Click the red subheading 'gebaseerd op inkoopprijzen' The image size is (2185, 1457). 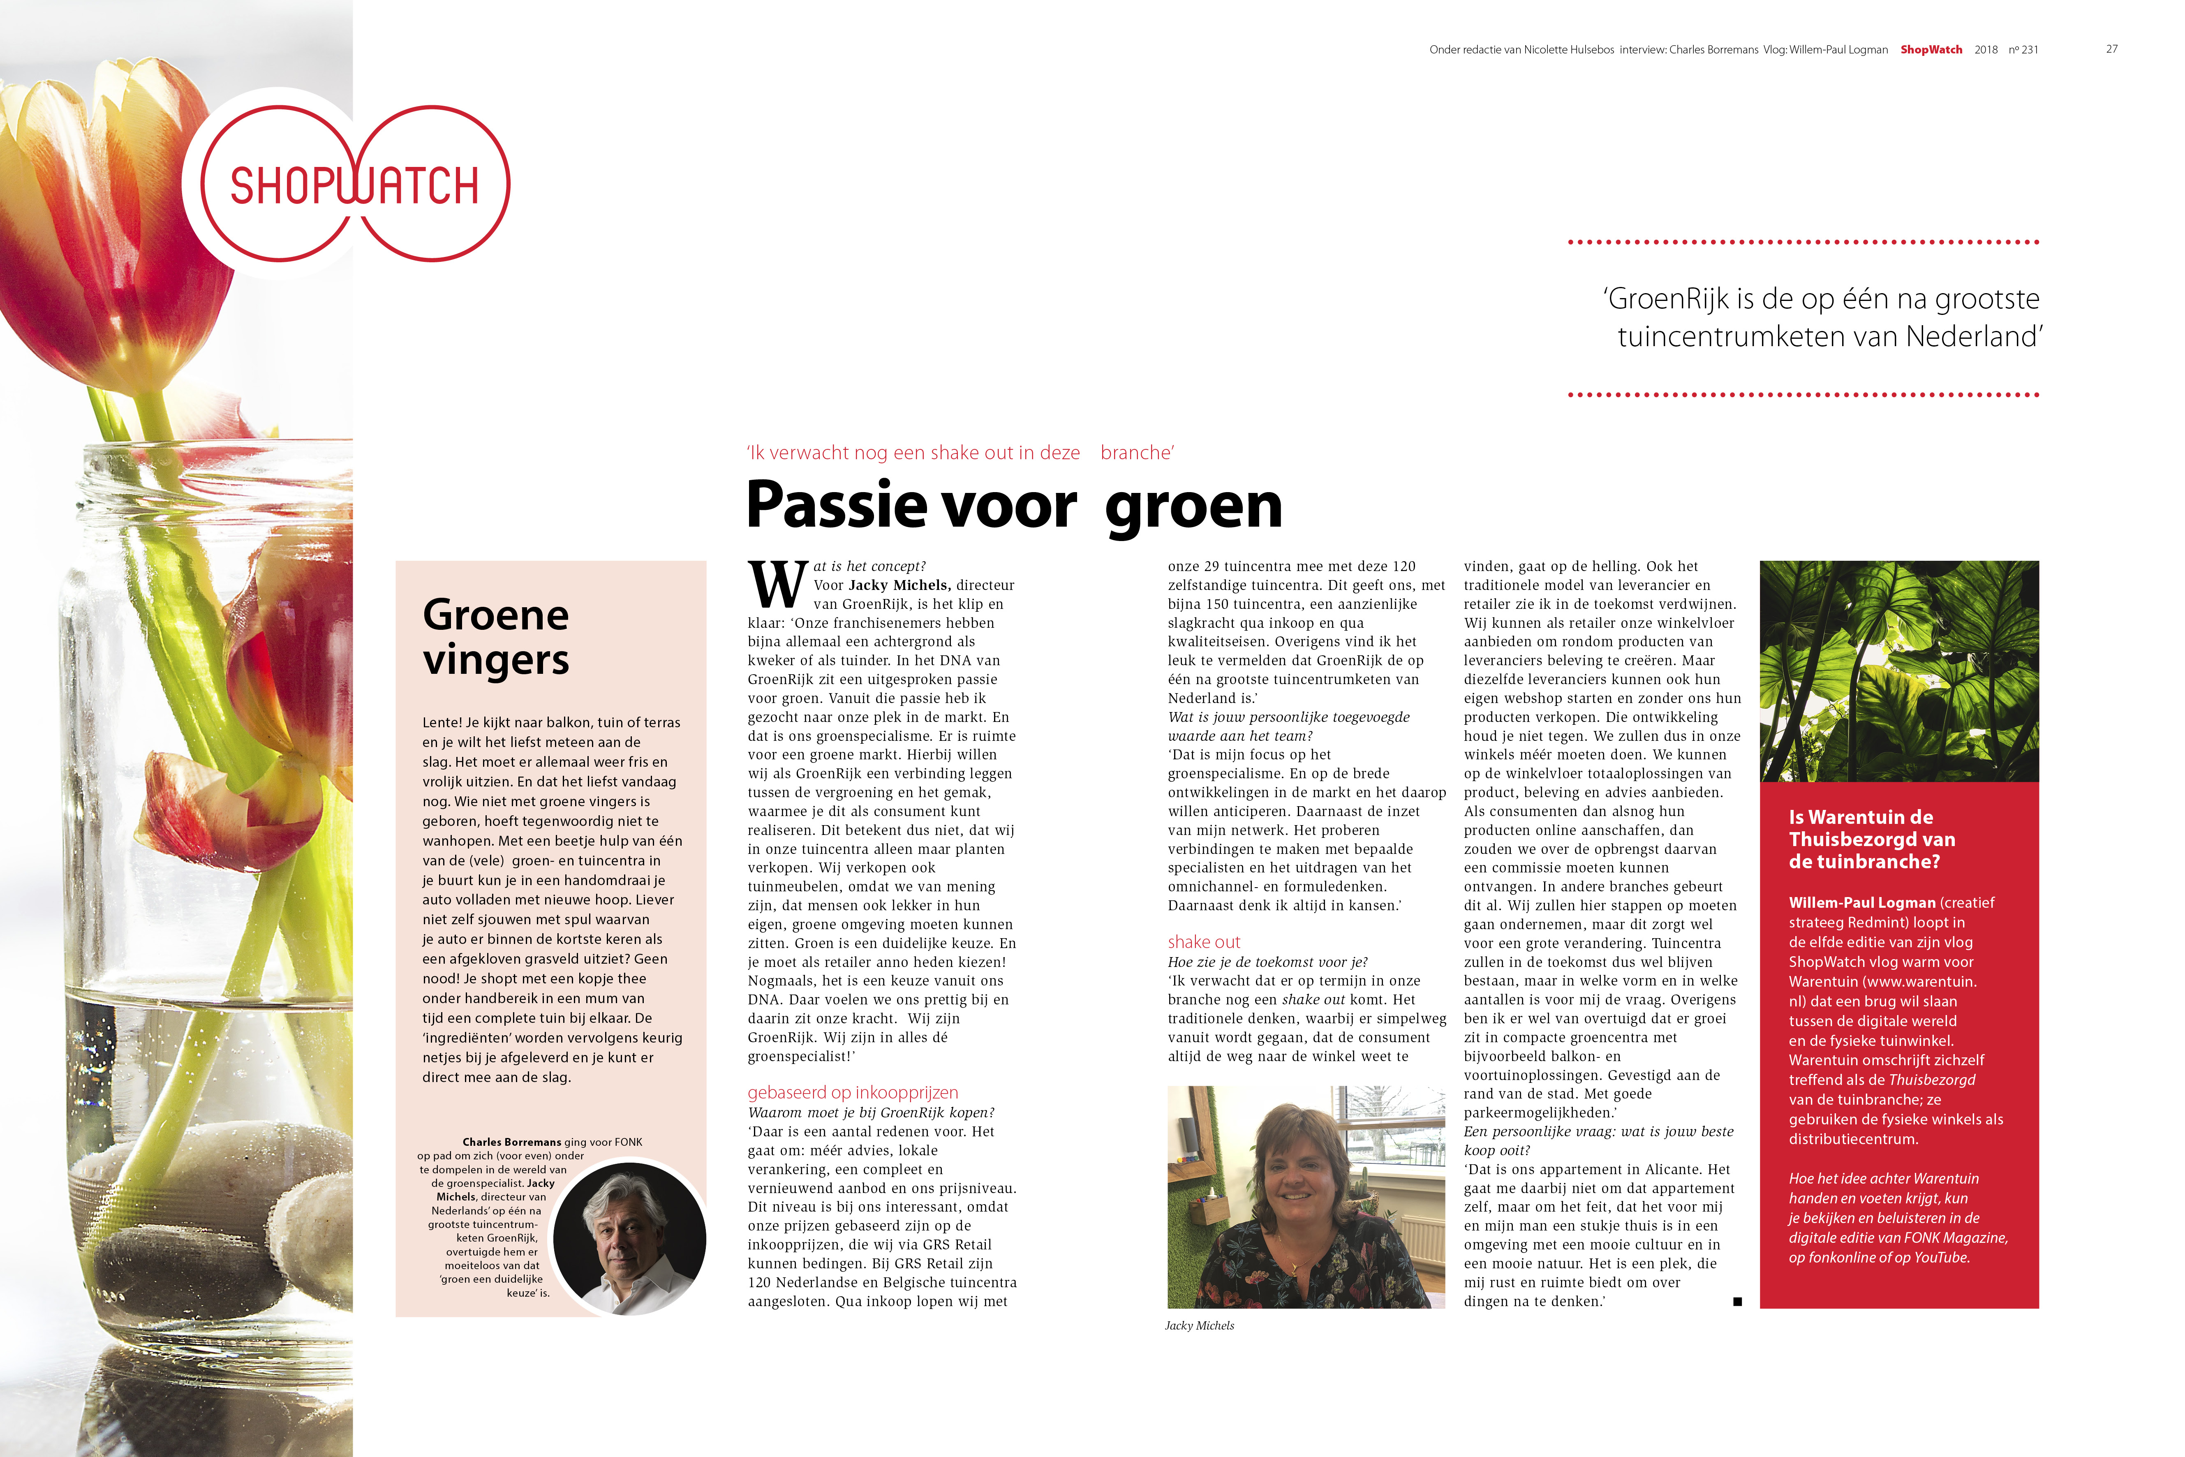coord(852,1093)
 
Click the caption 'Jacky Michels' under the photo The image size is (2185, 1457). coord(1199,1326)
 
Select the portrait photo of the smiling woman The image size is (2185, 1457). coord(1305,1197)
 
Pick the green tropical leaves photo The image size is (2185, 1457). coord(1899,671)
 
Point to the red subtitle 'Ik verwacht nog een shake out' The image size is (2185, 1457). coord(960,453)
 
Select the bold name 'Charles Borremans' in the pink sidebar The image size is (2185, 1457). coord(511,1142)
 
